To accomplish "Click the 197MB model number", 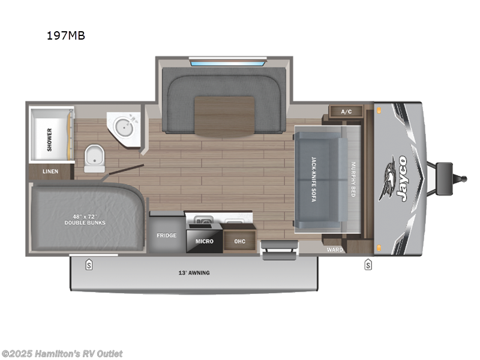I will pyautogui.click(x=66, y=35).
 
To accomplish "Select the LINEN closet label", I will pyautogui.click(x=50, y=172).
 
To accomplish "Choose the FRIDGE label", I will pyautogui.click(x=166, y=235).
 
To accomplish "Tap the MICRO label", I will pyautogui.click(x=204, y=241).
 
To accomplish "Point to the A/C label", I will pyautogui.click(x=346, y=112).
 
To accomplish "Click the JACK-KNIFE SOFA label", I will pyautogui.click(x=313, y=179).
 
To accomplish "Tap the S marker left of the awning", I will pyautogui.click(x=89, y=265).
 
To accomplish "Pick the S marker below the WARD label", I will pyautogui.click(x=368, y=265).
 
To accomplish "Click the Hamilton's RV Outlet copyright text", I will pyautogui.click(x=62, y=353).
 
